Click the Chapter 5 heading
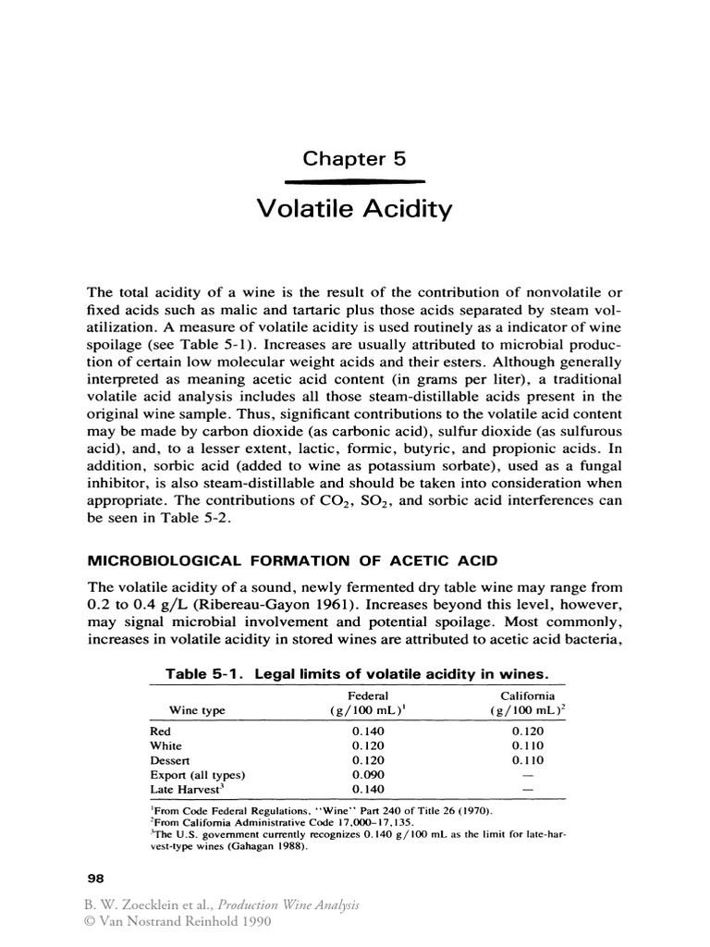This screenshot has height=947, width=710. (x=355, y=158)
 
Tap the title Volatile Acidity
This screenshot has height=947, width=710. (x=355, y=210)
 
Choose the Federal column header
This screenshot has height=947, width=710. (x=367, y=695)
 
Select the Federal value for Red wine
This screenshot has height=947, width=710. (x=367, y=731)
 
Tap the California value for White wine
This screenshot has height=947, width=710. (x=528, y=745)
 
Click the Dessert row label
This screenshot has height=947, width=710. (x=168, y=760)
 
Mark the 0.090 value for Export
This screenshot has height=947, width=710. (x=367, y=775)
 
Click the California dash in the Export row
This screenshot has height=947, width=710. (x=528, y=775)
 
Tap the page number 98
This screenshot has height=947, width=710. (x=95, y=877)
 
